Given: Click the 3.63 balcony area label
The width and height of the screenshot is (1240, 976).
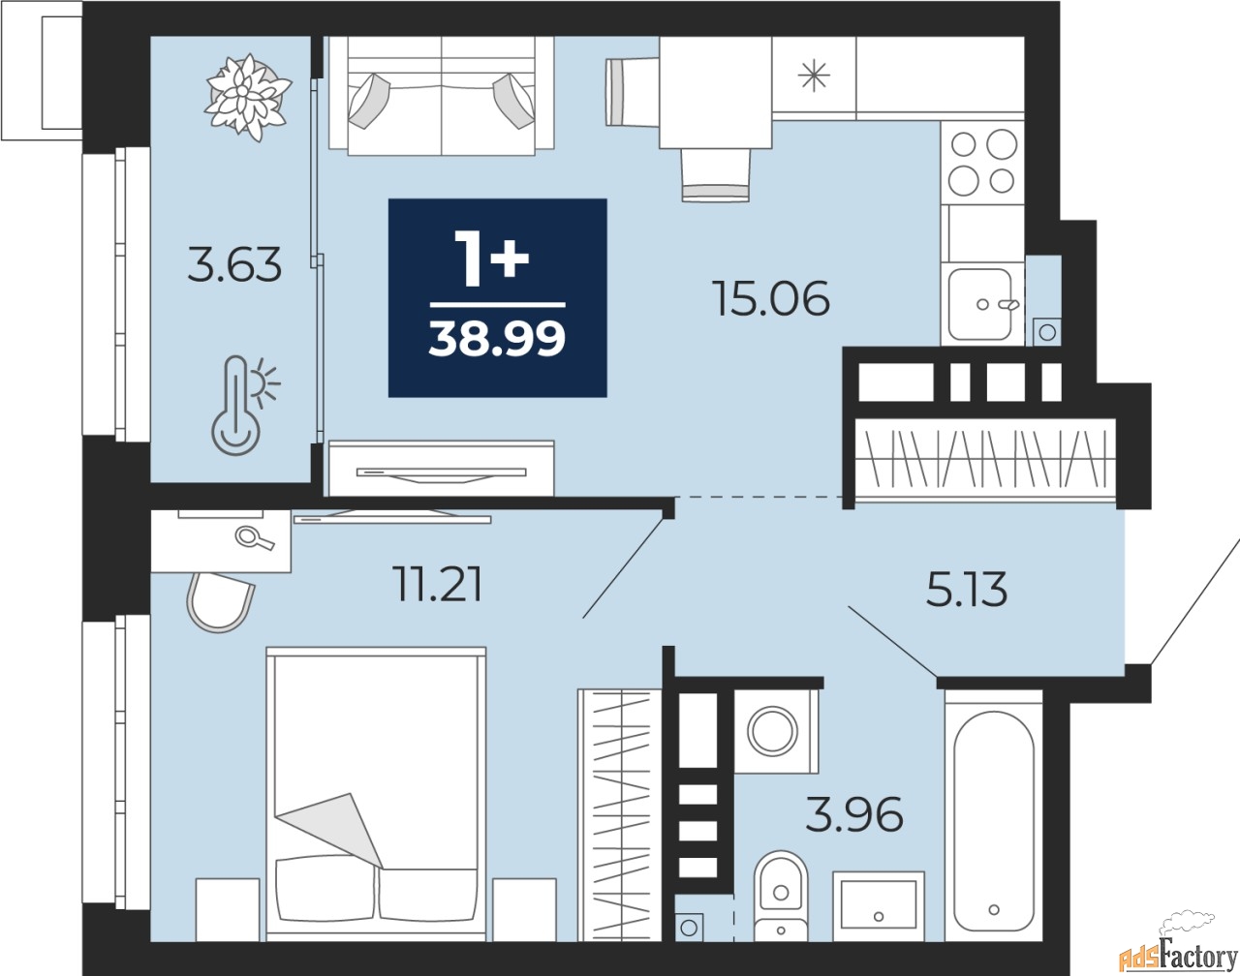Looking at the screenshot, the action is [234, 264].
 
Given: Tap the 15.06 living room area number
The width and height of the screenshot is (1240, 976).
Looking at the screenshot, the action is [771, 298].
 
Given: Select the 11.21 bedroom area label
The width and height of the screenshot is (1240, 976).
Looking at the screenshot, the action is [437, 584].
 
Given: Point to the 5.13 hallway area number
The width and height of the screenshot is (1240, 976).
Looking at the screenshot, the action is [967, 589].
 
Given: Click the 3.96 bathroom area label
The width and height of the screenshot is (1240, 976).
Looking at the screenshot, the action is [853, 814].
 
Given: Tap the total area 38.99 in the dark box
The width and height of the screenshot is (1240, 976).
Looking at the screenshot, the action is [497, 339].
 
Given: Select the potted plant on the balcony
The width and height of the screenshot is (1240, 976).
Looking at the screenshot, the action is [248, 97].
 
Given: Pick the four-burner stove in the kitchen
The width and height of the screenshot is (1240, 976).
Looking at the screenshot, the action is [982, 162].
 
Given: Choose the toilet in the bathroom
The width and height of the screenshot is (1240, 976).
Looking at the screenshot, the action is [781, 897].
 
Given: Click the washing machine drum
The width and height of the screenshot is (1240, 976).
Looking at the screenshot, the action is [772, 732].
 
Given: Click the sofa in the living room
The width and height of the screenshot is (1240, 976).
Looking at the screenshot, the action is [442, 96].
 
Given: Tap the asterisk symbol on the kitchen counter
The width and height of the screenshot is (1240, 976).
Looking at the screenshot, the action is [814, 76].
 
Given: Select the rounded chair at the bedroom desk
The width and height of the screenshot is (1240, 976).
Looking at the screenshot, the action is [220, 602].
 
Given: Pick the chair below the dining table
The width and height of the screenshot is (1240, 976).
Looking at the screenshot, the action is [716, 175].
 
